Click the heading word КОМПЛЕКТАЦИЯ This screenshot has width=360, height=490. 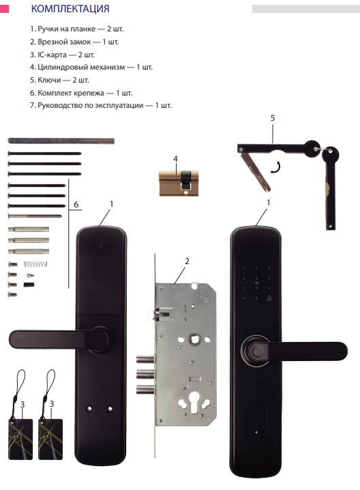(x=70, y=8)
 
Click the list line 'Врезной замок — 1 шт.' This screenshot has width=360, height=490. (x=74, y=42)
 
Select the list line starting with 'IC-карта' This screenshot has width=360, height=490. (x=62, y=55)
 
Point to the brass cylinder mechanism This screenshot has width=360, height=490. (x=179, y=183)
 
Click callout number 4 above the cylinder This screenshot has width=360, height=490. (x=175, y=159)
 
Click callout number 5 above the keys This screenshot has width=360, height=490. (x=273, y=118)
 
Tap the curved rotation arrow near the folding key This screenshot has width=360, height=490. (x=275, y=167)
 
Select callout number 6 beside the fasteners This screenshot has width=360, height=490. (x=76, y=204)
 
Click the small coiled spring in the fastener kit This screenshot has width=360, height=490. (x=35, y=264)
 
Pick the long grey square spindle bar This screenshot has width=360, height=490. (x=61, y=141)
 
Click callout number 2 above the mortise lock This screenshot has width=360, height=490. (x=187, y=261)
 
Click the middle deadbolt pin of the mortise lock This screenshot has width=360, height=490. (x=145, y=373)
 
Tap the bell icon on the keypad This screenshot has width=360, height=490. (x=269, y=298)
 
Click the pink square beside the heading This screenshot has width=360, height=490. (x=4, y=8)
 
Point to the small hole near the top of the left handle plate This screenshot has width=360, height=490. (x=100, y=245)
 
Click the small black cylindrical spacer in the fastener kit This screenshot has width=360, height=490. (x=29, y=285)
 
